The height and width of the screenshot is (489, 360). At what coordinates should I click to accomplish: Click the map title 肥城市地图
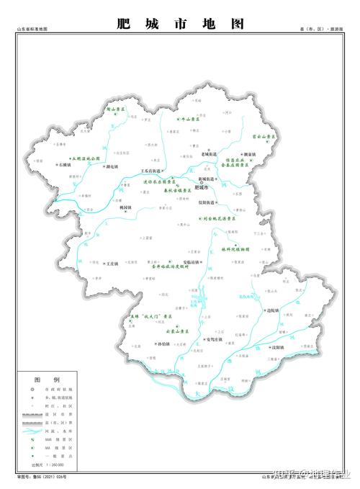180,24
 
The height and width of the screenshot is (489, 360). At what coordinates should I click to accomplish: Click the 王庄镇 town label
112,264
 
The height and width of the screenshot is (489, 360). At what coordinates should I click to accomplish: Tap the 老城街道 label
208,154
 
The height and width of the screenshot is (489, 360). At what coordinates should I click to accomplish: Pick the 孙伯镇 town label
164,344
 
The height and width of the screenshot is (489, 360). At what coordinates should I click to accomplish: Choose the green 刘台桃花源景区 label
219,217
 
